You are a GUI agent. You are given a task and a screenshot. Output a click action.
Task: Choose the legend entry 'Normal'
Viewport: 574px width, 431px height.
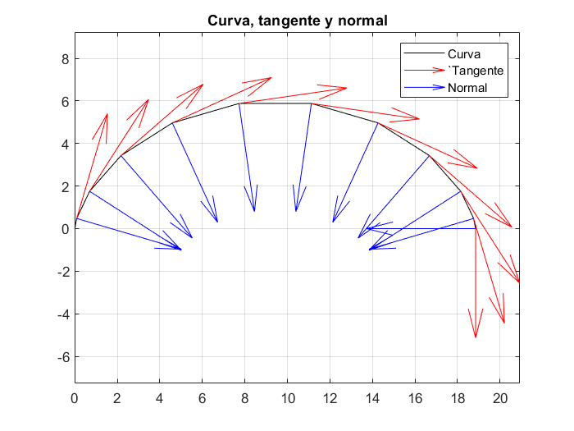[467, 88]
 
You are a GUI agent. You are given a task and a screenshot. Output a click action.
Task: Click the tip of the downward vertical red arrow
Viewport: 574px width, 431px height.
[476, 337]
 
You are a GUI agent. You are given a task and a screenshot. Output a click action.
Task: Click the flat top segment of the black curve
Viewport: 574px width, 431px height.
[275, 103]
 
